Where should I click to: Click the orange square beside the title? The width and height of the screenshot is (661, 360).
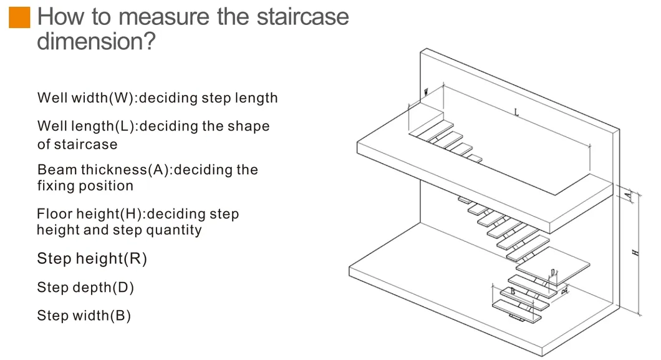pos(19,17)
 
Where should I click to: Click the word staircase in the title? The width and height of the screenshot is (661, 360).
pos(298,17)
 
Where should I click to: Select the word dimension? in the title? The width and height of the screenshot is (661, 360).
pos(96,42)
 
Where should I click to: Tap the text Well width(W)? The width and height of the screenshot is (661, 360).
pos(86,98)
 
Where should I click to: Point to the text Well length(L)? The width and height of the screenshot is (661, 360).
pos(87,126)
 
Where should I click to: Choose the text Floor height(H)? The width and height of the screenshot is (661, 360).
pos(90,214)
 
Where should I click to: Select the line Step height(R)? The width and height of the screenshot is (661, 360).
pos(92,258)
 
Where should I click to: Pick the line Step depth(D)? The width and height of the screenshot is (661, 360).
pos(85,288)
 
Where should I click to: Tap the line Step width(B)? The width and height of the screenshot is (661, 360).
pos(84,316)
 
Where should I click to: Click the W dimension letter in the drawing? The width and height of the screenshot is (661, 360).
pos(426,92)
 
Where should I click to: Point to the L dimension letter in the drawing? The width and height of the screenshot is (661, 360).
pos(516,112)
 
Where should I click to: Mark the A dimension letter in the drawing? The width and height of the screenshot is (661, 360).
pos(629,196)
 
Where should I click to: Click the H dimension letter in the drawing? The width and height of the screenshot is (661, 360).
pos(635,253)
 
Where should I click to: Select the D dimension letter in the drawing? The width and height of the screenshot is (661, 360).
pos(552,273)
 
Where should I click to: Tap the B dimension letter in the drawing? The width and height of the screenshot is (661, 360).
pos(513,291)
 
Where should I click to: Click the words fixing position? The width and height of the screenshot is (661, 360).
pos(85,186)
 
